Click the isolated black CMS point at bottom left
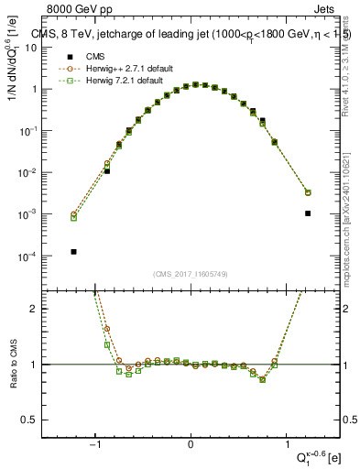[x=72, y=251]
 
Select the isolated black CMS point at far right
[x=308, y=213]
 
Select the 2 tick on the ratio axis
[x=41, y=309]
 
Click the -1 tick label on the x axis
[x=95, y=445]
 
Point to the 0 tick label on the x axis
[x=191, y=445]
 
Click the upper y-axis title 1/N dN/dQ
[x=14, y=73]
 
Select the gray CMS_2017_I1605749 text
[x=191, y=274]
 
